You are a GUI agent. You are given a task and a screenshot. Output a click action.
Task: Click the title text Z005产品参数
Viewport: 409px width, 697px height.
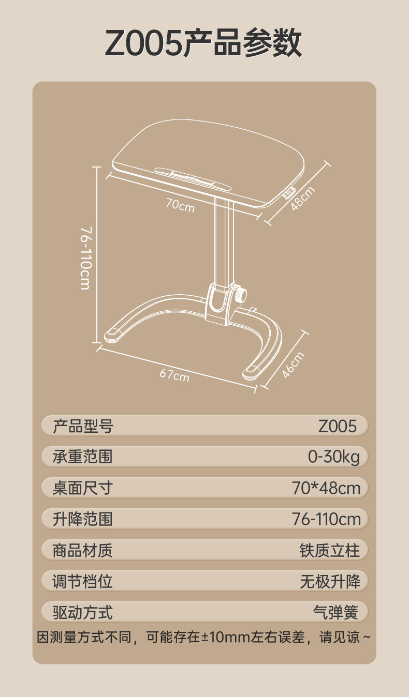coord(203,43)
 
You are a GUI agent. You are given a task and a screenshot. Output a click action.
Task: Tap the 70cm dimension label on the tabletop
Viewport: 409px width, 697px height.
coord(180,205)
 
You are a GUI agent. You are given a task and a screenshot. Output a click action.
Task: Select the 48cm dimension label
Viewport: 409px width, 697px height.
coord(302,199)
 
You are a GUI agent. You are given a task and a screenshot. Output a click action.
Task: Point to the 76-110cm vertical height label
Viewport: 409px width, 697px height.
coord(85,258)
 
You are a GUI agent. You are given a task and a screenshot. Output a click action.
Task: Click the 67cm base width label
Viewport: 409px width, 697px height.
coord(174,375)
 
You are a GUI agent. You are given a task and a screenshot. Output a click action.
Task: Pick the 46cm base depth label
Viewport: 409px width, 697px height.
coord(293,365)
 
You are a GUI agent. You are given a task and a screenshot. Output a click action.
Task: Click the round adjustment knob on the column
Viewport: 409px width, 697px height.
coord(241,294)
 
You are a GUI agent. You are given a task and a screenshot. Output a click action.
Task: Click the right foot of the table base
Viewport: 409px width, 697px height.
coord(252,373)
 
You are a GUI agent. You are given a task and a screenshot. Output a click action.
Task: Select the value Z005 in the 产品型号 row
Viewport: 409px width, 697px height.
coord(338,426)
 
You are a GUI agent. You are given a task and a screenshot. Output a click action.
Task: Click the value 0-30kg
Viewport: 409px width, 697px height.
coord(333,457)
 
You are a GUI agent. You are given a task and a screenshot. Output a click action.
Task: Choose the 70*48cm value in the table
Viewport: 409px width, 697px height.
coord(326,488)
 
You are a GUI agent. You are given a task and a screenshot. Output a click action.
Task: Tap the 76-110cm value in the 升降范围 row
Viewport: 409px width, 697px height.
coord(326,519)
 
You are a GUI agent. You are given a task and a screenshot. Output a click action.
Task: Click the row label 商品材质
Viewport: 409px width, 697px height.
coord(82,551)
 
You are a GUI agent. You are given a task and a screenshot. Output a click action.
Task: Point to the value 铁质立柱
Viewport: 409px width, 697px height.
coord(330,551)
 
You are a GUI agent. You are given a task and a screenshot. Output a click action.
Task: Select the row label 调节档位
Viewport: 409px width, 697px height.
coord(82,581)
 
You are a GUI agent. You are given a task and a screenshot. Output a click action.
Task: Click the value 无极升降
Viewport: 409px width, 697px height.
coord(330,581)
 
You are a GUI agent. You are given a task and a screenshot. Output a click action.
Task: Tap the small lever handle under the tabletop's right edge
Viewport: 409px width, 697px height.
coord(289,193)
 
